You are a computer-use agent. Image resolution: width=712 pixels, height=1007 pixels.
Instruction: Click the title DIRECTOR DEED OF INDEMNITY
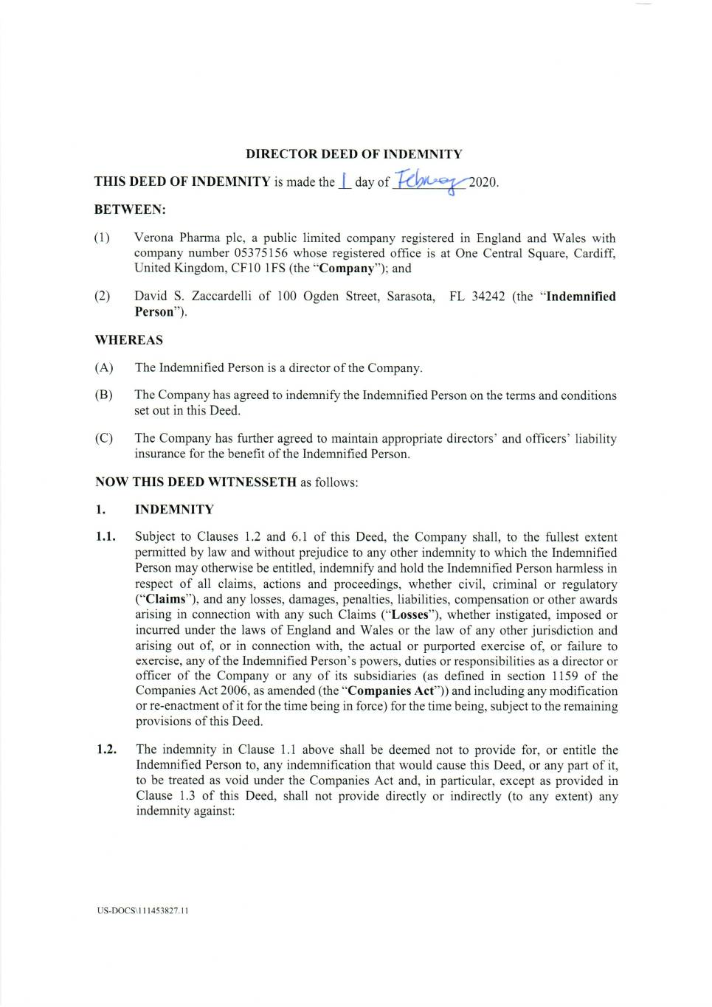point(353,154)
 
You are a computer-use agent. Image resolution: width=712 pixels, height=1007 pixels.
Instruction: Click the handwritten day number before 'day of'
point(344,181)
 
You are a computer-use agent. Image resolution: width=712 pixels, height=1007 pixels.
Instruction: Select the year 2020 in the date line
point(483,182)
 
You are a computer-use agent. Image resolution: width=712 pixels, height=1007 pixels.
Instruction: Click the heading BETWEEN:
point(130,210)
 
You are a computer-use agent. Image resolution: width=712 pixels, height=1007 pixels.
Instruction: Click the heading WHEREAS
point(129,340)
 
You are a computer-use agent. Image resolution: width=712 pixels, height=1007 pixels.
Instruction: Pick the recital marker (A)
point(104,367)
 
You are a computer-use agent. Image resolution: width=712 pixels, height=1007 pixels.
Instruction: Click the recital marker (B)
point(104,395)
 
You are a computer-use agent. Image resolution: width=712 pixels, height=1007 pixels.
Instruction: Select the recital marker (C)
point(104,438)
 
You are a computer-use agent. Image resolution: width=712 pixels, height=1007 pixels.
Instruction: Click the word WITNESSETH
point(253,482)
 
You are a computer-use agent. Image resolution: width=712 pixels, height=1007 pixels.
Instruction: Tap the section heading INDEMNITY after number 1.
point(174,509)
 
